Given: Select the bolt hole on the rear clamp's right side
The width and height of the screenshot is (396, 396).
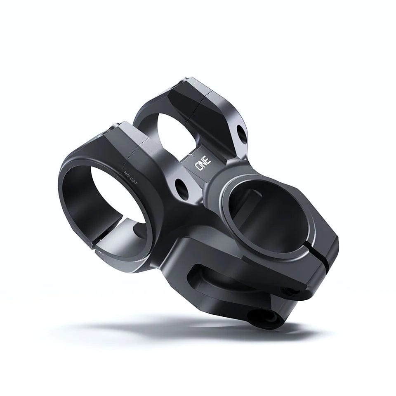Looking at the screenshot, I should point(241,132).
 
